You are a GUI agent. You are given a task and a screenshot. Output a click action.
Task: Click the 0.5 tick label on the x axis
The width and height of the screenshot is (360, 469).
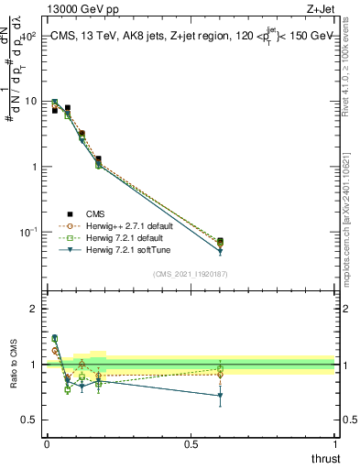click(191, 442)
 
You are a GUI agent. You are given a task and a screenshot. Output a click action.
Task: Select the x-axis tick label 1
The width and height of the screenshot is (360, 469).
click(335, 442)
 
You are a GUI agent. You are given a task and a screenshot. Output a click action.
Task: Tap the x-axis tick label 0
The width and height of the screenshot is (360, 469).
click(47, 442)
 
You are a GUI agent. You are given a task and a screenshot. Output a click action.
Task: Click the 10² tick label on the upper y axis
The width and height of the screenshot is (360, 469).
click(29, 36)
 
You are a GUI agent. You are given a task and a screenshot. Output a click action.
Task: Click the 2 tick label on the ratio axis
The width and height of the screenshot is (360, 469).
click(33, 309)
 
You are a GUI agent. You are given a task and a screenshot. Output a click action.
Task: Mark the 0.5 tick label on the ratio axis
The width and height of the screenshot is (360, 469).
click(29, 420)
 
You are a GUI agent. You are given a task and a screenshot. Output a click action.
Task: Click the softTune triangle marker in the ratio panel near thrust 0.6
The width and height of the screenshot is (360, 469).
click(220, 396)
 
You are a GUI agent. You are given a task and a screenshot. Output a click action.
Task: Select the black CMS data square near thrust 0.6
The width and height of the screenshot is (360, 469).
click(220, 241)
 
